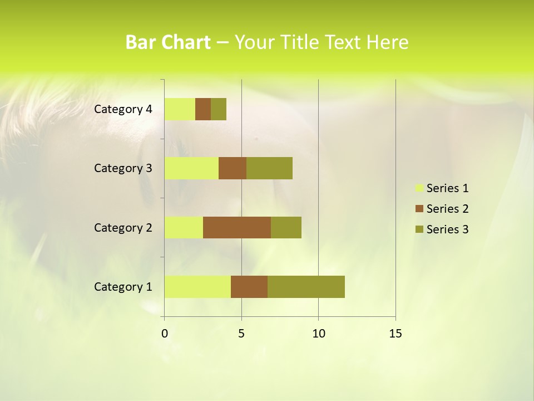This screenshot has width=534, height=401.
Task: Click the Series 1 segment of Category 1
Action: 197,287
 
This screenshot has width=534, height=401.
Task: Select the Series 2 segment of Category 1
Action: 249,287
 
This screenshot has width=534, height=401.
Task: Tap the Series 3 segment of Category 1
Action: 306,287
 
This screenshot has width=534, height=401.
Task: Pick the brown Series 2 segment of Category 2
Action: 237,227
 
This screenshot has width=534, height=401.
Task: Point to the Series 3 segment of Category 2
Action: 286,227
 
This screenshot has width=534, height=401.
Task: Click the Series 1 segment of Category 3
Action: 191,168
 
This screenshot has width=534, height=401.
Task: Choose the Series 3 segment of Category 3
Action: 269,168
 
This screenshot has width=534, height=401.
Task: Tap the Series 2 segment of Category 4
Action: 203,109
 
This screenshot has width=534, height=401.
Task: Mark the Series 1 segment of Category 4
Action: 180,109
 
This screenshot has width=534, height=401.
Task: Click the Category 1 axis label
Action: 122,287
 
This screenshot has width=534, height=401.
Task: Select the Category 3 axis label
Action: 122,168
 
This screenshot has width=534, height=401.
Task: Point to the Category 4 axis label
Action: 122,109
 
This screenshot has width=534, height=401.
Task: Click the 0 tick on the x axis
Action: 165,334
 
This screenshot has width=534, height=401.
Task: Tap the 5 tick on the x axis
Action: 241,334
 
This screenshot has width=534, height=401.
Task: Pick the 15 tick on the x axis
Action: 395,334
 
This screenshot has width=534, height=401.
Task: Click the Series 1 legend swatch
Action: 419,188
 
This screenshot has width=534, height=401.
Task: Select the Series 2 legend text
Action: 447,209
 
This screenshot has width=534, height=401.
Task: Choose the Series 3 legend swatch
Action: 419,229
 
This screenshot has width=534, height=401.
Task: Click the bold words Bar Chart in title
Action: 167,42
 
